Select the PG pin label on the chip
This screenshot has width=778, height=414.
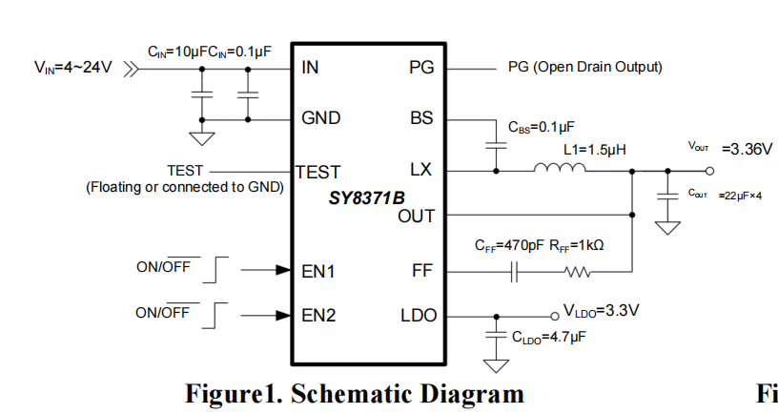coord(420,68)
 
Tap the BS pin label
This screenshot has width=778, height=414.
coord(420,119)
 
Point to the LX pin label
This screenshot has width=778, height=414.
coord(420,171)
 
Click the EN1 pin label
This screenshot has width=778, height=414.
coord(318,271)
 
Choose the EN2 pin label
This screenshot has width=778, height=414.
coord(318,316)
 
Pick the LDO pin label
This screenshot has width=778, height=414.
coord(417,316)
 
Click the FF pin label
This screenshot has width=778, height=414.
coord(422,271)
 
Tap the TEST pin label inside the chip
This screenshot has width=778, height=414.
coord(318,172)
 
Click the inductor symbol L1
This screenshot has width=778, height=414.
coord(559,170)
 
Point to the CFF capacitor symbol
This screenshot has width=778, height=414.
coord(515,273)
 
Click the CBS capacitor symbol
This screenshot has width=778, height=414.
coord(496,146)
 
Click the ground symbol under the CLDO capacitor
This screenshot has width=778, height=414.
coord(496,365)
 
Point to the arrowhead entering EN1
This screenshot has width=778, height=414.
coord(283,271)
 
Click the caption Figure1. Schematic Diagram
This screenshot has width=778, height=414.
coord(354,394)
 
